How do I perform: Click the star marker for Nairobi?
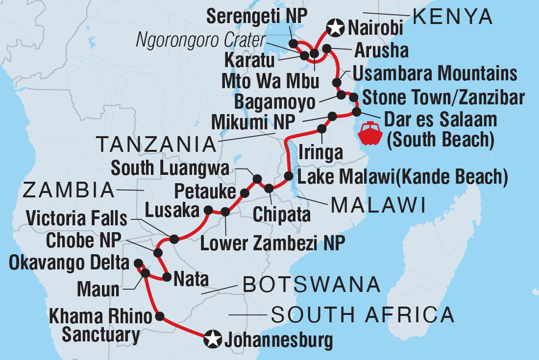point(335,27)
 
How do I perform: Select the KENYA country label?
point(452,17)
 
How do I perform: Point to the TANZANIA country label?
point(156,144)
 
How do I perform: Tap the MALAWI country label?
point(378,206)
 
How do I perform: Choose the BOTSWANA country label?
point(312,284)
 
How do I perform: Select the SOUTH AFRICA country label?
point(363,315)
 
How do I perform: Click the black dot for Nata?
point(167,277)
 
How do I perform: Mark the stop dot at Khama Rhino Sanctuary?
point(159,316)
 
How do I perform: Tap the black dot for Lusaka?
point(208,211)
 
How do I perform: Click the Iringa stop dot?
point(322,129)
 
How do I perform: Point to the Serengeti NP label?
point(256,16)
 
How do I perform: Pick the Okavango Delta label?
point(69,264)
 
